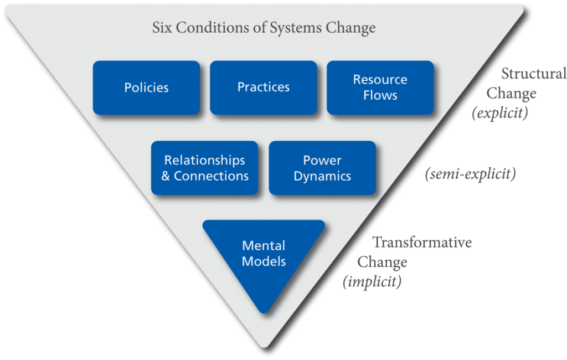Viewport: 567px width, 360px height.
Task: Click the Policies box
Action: [x=146, y=88]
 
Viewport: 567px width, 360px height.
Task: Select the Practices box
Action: [x=264, y=88]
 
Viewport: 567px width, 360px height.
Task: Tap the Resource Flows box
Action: [x=380, y=88]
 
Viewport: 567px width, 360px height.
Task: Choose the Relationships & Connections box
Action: [x=205, y=168]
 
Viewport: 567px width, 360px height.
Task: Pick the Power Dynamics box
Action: [x=322, y=168]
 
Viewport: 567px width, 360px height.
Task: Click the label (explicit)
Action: [x=500, y=113]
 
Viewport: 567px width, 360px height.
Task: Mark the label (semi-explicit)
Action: [x=470, y=174]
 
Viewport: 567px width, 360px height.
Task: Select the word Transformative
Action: [x=422, y=243]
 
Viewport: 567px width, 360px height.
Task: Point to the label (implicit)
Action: [x=372, y=281]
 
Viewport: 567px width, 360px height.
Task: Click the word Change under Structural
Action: [x=511, y=94]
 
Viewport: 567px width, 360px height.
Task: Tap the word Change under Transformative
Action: [x=383, y=262]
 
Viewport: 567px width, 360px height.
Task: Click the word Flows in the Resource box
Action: [x=380, y=95]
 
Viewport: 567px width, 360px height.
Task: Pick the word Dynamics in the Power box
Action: [x=322, y=176]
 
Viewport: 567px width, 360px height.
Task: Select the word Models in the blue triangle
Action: [x=264, y=261]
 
